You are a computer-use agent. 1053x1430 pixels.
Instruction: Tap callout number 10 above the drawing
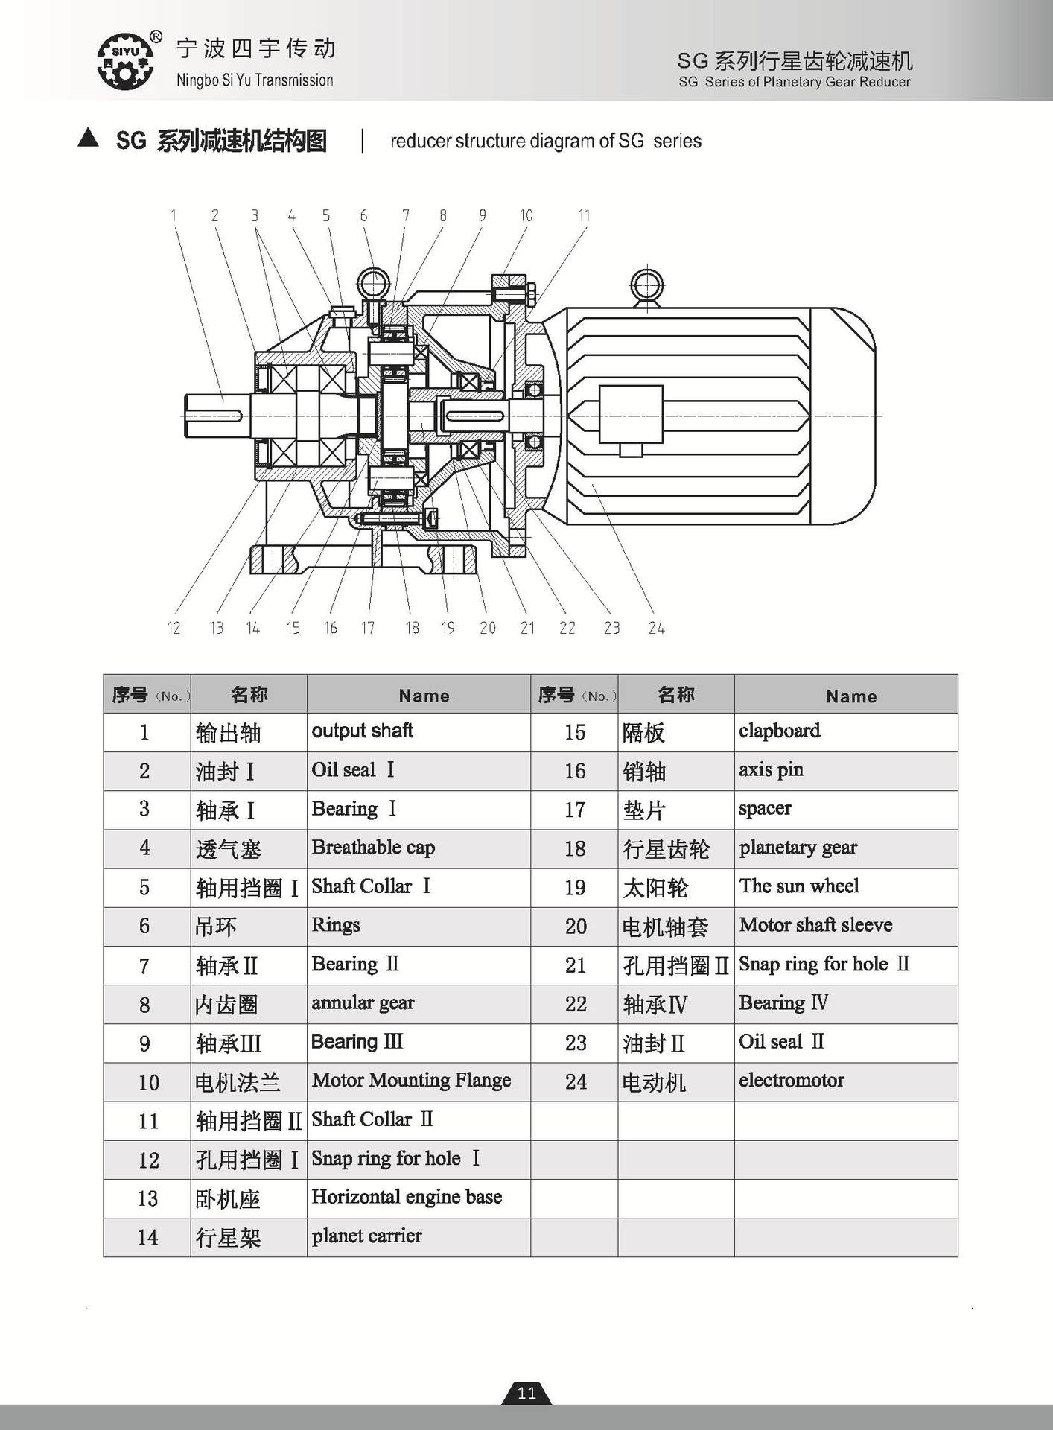click(x=526, y=216)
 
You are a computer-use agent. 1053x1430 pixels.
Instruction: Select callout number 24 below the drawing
click(x=656, y=628)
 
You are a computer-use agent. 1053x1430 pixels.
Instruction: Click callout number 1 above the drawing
click(x=174, y=216)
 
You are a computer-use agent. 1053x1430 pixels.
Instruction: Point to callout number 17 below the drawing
click(x=368, y=628)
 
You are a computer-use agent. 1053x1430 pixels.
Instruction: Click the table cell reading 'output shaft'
click(x=363, y=731)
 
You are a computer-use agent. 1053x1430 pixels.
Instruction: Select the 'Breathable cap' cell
click(x=373, y=848)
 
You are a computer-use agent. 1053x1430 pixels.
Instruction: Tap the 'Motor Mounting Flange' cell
click(x=411, y=1081)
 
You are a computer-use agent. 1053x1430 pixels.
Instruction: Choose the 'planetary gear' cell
click(x=798, y=848)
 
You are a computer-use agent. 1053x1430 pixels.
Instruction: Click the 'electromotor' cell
click(x=791, y=1081)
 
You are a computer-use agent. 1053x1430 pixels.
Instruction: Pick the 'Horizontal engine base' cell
click(x=407, y=1197)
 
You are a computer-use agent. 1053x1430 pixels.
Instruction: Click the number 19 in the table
click(x=575, y=888)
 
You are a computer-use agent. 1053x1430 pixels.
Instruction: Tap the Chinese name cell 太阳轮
click(x=655, y=888)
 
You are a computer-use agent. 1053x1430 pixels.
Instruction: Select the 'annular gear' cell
click(x=363, y=1003)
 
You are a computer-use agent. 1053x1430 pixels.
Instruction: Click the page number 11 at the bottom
click(x=526, y=1394)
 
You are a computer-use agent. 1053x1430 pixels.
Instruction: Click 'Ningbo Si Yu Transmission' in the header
click(x=255, y=80)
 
